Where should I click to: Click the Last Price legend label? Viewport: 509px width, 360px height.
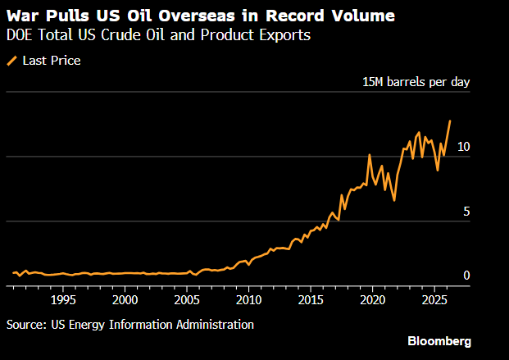coord(50,60)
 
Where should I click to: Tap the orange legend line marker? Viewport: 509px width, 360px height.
coord(11,60)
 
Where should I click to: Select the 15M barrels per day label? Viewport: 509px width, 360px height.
coord(416,82)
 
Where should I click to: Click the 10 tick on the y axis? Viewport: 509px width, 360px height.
coord(464,147)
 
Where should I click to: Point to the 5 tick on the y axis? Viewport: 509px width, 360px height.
coord(467,212)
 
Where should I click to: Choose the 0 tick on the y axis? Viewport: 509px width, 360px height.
coord(467,276)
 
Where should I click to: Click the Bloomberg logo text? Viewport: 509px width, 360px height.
coord(439,340)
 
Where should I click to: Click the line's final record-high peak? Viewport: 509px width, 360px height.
coord(450,121)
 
